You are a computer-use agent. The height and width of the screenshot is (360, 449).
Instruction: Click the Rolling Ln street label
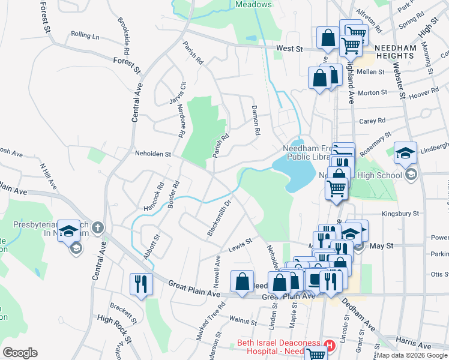85,35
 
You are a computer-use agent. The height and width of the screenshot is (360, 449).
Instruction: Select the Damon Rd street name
256,119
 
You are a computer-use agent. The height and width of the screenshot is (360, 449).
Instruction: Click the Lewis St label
239,245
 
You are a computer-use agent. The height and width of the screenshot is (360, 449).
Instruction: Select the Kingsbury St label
400,213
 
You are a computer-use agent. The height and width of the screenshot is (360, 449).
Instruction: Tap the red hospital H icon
329,345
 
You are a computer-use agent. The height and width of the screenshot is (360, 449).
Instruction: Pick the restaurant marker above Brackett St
141,283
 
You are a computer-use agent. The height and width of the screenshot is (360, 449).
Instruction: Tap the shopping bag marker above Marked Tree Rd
241,280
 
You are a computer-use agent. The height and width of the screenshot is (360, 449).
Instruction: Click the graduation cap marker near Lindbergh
405,152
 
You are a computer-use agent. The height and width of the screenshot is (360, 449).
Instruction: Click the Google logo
20,353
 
